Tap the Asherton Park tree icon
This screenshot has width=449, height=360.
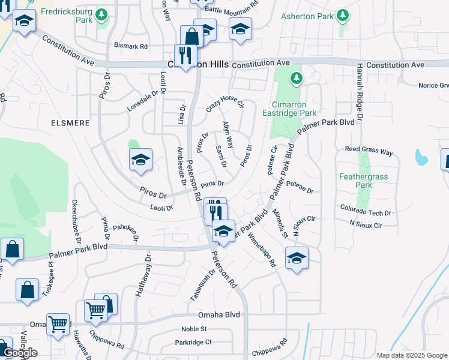tap(343, 14)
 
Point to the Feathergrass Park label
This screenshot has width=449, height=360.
tap(364, 181)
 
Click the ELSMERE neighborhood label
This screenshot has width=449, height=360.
tap(71, 123)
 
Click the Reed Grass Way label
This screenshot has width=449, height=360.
tap(368, 151)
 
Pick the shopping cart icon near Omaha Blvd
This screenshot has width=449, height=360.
tap(58, 324)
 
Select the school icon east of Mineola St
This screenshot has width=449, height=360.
tap(296, 258)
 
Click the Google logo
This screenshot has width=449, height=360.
tap(20, 353)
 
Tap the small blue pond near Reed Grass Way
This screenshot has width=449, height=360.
tap(421, 157)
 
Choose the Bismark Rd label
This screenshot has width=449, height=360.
tap(131, 46)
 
